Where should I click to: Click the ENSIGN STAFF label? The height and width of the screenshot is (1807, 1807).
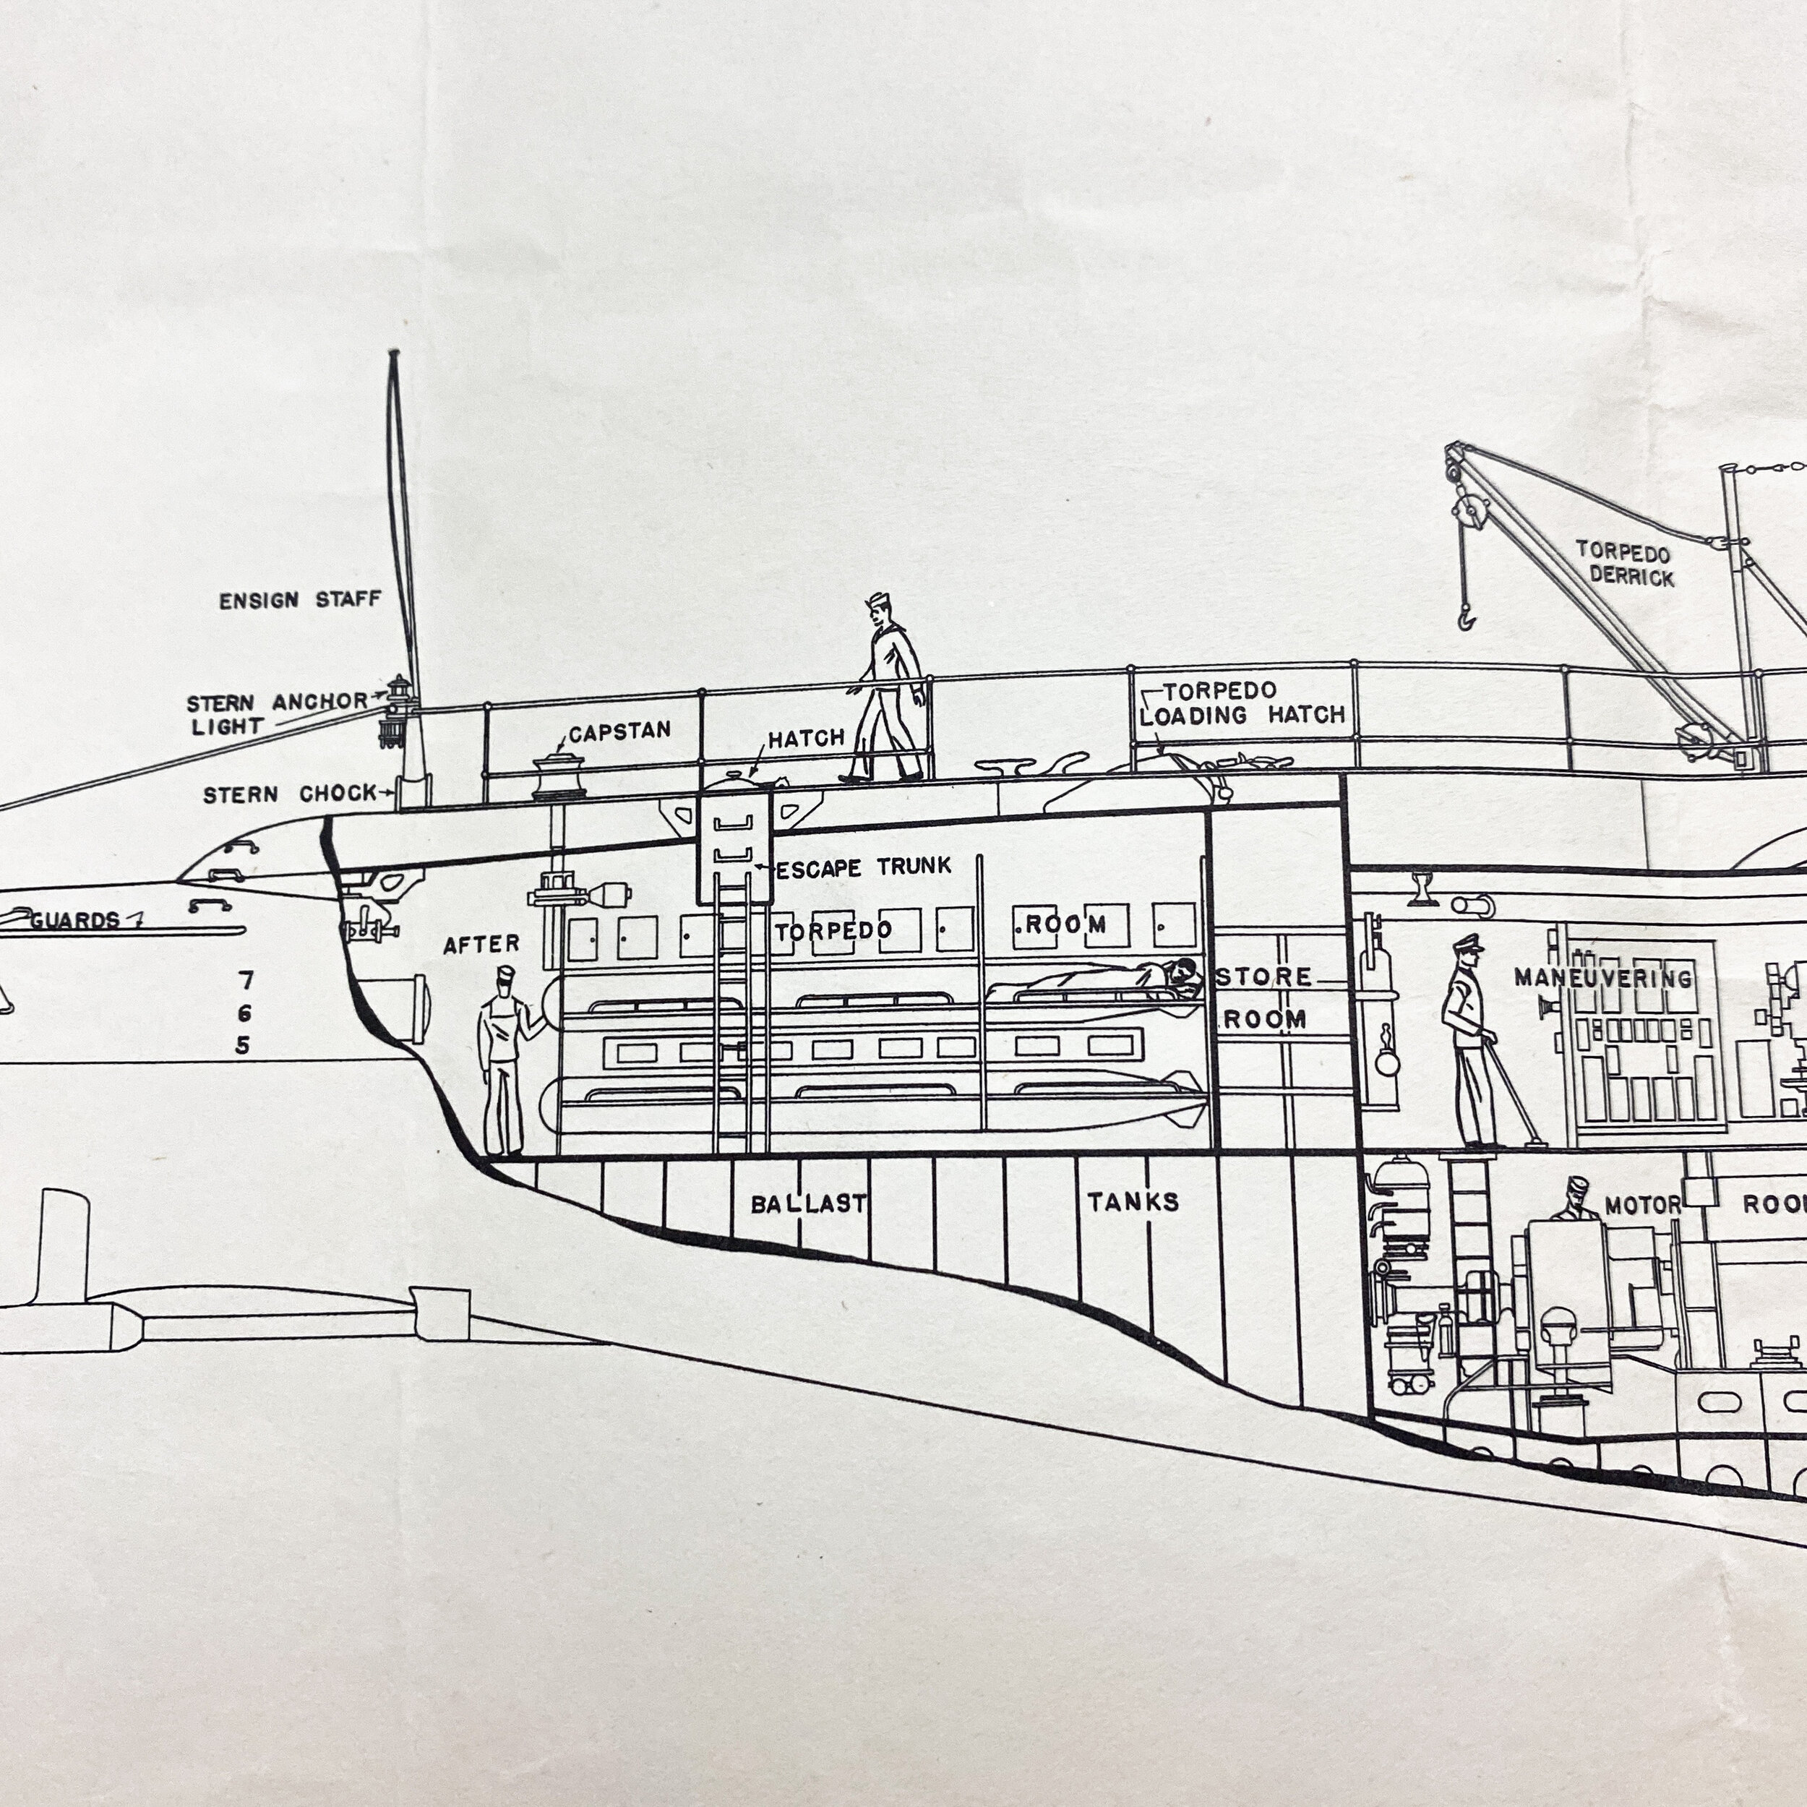(300, 599)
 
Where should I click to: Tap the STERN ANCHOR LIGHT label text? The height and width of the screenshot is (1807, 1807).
(278, 713)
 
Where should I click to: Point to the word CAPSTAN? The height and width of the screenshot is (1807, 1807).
(619, 731)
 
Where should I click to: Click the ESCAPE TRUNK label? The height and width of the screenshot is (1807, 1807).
(863, 868)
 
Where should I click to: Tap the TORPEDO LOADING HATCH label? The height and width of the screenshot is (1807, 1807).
(1242, 703)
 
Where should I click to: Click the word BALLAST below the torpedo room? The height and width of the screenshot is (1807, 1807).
(808, 1203)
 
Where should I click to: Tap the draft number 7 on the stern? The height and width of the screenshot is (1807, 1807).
(245, 980)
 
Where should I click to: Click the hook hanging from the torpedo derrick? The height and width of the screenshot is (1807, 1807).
(1464, 617)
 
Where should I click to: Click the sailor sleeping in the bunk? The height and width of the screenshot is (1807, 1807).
(1099, 979)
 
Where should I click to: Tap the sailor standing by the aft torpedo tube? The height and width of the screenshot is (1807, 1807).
(506, 1060)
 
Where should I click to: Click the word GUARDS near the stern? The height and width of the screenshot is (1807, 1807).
(75, 920)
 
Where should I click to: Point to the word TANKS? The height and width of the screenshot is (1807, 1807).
(1133, 1201)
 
